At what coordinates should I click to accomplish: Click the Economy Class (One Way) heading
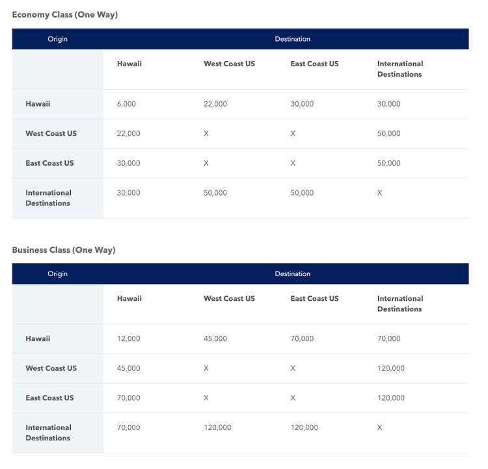click(x=64, y=14)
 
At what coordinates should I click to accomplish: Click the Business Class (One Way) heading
click(x=63, y=249)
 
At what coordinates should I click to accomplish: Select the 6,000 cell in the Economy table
click(x=126, y=104)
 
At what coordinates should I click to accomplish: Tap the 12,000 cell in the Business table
click(x=128, y=338)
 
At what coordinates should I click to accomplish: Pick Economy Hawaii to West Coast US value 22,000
click(x=215, y=104)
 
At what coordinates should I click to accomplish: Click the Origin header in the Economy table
click(x=57, y=39)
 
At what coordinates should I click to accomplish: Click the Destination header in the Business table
click(x=292, y=273)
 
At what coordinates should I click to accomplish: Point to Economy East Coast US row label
click(x=49, y=163)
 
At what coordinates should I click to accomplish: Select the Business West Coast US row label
click(x=51, y=368)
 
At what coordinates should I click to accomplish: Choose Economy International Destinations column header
click(x=400, y=69)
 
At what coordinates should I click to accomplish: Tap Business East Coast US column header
click(x=314, y=299)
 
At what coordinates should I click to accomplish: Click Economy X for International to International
click(x=380, y=193)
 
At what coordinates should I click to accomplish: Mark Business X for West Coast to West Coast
click(x=206, y=368)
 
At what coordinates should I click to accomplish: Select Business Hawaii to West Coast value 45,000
click(x=215, y=338)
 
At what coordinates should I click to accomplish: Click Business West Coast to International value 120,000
click(x=390, y=368)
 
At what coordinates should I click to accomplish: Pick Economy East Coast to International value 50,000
click(x=388, y=163)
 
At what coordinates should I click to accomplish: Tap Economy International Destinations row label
click(x=48, y=198)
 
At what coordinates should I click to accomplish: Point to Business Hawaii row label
click(x=38, y=338)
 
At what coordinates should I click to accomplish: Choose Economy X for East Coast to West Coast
click(x=206, y=163)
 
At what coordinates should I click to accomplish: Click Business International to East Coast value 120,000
click(x=304, y=427)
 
